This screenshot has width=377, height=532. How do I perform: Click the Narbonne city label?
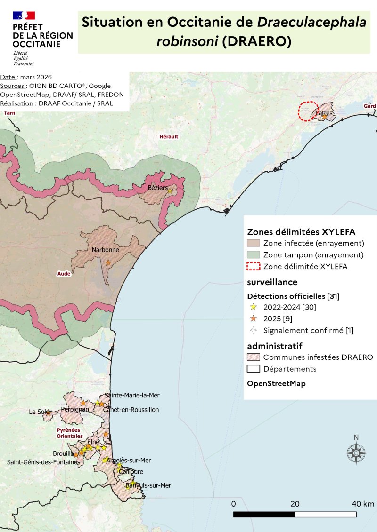point(105,250)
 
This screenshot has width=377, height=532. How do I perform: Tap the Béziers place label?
point(157,188)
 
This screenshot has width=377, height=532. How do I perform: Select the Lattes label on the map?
point(325,113)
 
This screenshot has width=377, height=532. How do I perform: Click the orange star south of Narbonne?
point(108,262)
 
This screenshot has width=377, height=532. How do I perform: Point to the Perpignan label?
point(75,409)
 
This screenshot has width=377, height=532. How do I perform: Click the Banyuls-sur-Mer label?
point(148,485)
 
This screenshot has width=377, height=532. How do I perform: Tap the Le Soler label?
point(40,412)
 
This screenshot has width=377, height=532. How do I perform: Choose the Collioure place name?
point(131,472)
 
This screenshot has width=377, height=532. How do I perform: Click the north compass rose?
point(356,453)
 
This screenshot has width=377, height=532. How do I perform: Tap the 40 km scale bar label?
point(362,504)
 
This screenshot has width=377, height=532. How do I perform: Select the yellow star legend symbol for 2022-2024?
point(254,307)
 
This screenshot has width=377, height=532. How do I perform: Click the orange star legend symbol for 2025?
point(254,318)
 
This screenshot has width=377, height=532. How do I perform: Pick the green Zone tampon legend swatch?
point(254,255)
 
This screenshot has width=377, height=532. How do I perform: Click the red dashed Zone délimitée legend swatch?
point(254,267)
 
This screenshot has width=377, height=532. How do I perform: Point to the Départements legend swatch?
point(254,369)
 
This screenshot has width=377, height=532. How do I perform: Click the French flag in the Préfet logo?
point(24,16)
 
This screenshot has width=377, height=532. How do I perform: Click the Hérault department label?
point(169,136)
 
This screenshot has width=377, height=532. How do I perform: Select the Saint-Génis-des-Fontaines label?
point(43,462)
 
